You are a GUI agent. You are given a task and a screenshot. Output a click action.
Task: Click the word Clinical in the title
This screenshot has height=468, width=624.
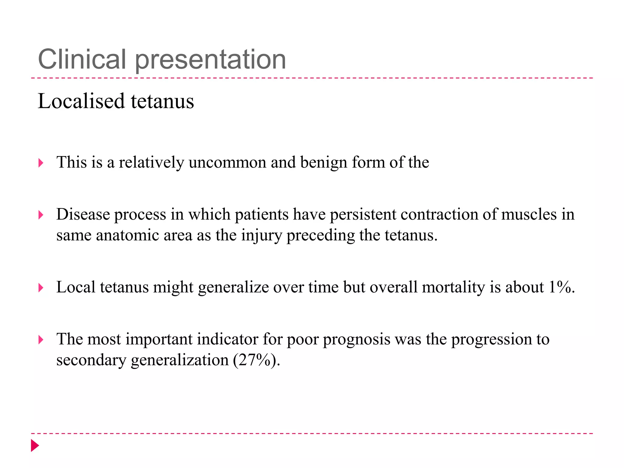pos(82,59)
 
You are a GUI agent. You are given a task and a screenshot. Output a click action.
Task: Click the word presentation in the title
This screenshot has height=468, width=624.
pos(210,60)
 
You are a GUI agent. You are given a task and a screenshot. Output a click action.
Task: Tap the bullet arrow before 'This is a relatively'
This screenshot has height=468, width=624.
pos(41,163)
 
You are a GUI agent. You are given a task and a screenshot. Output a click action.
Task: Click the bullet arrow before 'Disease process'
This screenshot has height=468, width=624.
pos(41,215)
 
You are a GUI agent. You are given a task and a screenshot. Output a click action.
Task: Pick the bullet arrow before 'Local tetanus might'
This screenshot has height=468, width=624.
pos(41,288)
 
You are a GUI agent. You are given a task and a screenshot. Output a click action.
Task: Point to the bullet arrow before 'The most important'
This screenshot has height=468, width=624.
pos(41,340)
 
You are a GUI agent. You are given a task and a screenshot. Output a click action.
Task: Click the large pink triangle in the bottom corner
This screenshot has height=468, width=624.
pos(35,445)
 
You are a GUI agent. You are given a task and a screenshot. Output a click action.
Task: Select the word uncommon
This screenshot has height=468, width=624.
pos(227,162)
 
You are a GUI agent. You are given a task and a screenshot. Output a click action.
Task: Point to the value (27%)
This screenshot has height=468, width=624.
pos(256,360)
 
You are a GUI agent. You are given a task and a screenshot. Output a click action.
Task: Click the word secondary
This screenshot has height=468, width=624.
pos(91,360)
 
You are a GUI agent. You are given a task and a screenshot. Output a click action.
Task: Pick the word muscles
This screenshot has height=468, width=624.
pos(529,214)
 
